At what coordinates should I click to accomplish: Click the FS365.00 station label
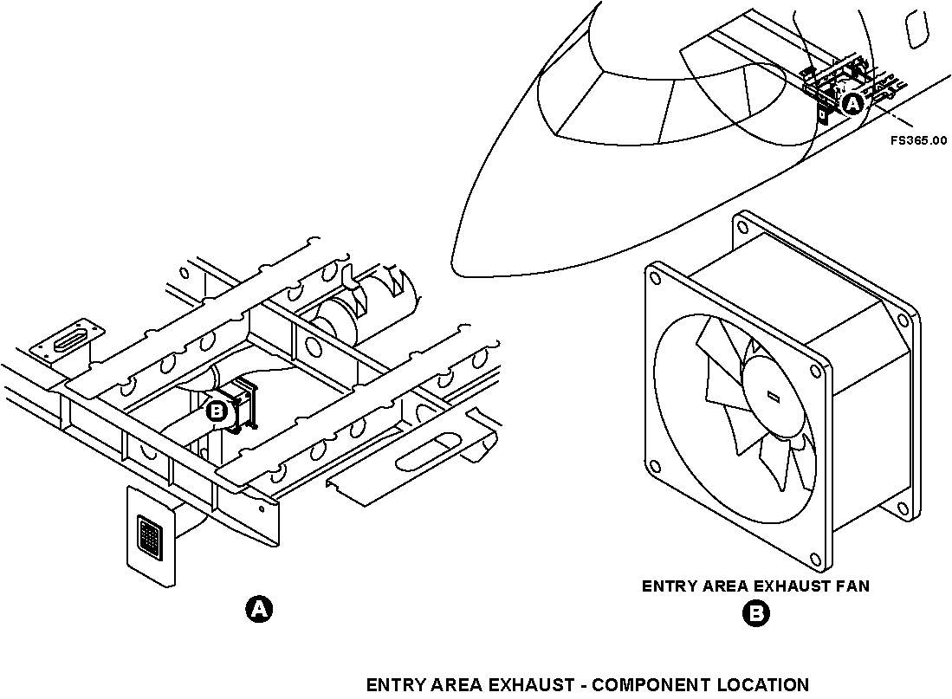click(918, 139)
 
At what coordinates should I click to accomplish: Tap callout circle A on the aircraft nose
click(852, 105)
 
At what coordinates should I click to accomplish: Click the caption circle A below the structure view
click(259, 609)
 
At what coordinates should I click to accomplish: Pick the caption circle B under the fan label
click(755, 614)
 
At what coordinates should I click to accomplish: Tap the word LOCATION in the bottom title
click(763, 685)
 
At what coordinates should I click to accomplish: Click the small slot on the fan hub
click(774, 397)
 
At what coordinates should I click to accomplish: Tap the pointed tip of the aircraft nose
click(454, 260)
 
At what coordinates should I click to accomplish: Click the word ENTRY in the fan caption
click(670, 586)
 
